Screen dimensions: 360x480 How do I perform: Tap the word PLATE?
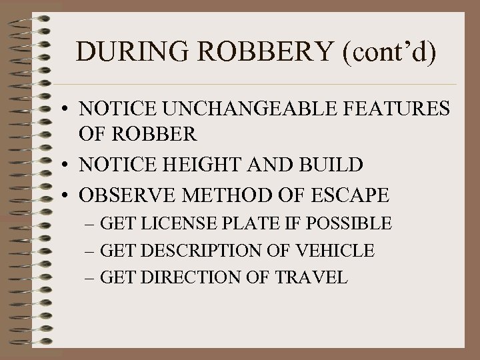256,223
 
